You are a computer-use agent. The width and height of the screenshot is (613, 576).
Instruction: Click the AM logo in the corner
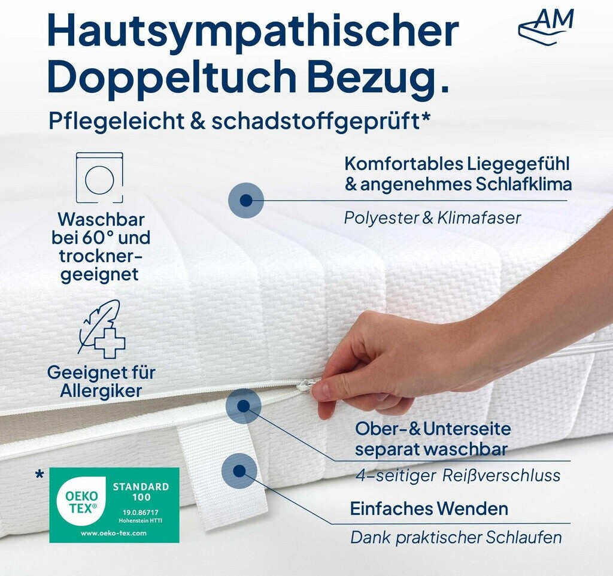pos(546,26)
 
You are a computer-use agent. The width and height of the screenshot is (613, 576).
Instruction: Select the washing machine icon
pos(99,178)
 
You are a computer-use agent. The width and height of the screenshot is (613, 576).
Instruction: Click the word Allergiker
pos(101,391)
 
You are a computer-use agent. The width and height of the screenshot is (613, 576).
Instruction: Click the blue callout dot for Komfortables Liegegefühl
pos(246,200)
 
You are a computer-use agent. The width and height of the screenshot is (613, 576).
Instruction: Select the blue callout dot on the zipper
pos(243,406)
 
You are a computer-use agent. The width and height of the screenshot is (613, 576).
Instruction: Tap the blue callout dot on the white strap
pos(239,471)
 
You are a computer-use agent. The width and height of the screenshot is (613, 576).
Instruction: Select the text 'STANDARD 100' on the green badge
pos(141,492)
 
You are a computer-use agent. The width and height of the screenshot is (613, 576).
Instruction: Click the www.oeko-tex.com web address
pos(114,533)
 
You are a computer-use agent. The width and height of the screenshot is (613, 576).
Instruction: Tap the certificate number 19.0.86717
pos(141,513)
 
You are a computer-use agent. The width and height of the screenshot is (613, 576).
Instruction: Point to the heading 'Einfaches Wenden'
pos(429,509)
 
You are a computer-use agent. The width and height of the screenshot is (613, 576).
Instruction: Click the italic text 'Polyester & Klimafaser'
pos(432,218)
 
